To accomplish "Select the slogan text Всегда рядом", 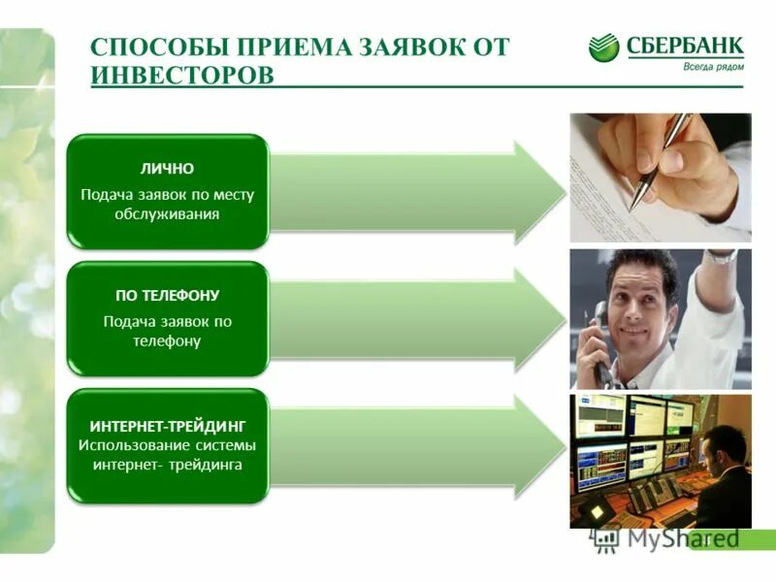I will click(x=713, y=67).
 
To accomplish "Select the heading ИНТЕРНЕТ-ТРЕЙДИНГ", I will click(x=167, y=426).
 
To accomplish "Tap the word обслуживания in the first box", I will click(x=167, y=214).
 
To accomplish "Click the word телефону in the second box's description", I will click(x=167, y=341).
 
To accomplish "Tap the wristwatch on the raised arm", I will click(x=721, y=257).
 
